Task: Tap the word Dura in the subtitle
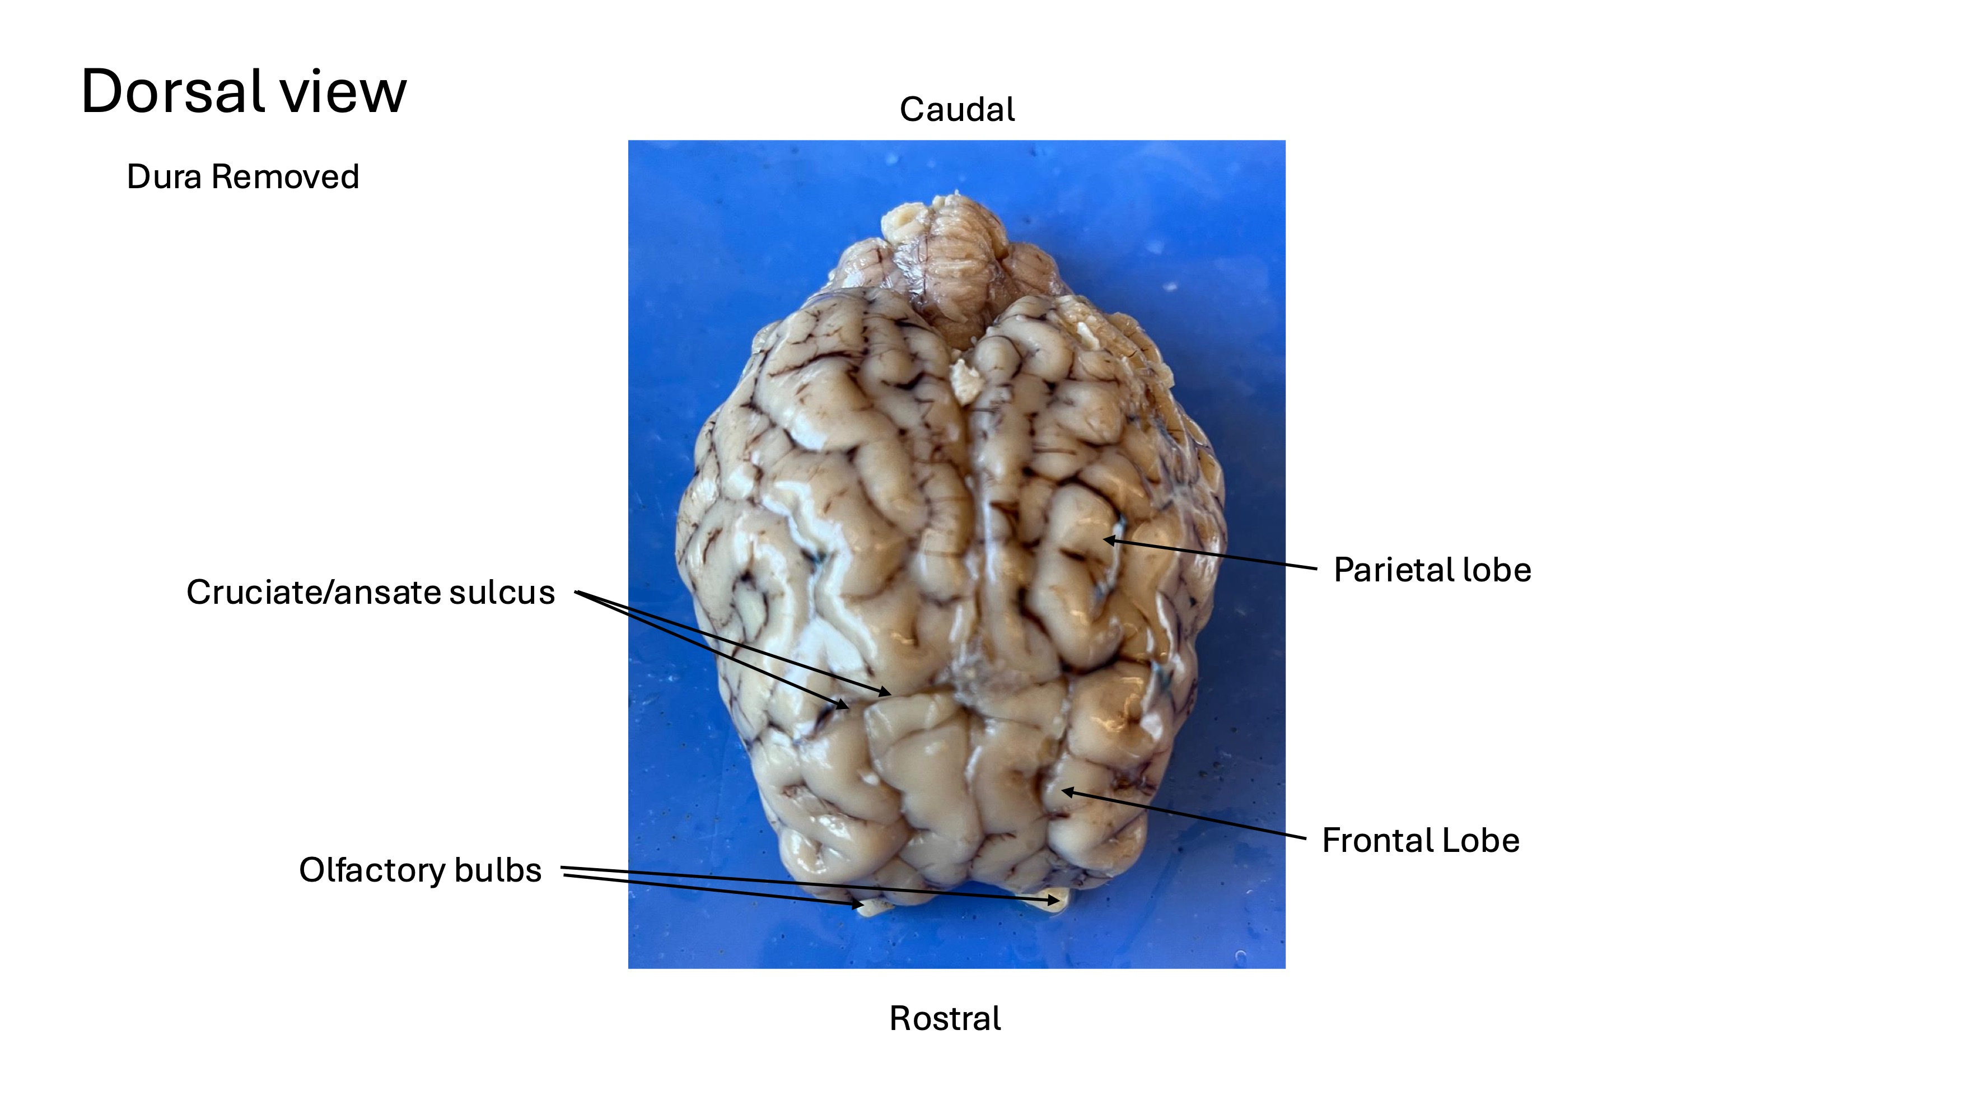tap(165, 177)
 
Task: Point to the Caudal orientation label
tap(956, 109)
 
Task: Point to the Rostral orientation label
tap(945, 1019)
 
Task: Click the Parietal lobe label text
tap(1432, 570)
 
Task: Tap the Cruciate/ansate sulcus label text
tap(370, 593)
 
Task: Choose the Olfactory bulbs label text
tap(420, 870)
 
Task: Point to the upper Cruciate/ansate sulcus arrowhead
tap(888, 693)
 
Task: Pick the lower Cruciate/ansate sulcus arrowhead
tap(846, 706)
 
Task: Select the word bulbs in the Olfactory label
tap(498, 870)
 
